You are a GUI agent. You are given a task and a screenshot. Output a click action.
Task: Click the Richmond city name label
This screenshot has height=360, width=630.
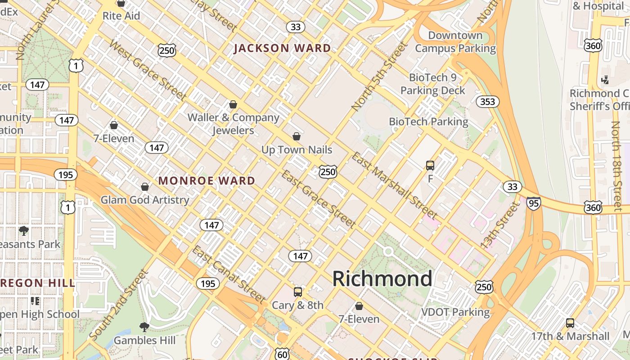tap(382, 279)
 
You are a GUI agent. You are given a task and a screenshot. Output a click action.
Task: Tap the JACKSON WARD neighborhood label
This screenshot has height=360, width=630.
tap(282, 48)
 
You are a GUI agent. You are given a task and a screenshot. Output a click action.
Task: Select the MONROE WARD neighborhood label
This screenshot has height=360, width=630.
tap(207, 181)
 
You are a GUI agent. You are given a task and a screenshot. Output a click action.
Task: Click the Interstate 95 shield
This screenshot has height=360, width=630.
tap(533, 203)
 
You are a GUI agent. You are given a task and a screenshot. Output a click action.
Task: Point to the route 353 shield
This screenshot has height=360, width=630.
tap(487, 102)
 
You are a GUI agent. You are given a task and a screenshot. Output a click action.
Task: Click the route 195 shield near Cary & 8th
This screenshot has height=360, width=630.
tap(207, 283)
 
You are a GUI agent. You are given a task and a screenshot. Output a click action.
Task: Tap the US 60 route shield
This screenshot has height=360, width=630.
tap(282, 354)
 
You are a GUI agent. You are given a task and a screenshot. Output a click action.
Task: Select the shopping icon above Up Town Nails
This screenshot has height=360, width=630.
tap(297, 136)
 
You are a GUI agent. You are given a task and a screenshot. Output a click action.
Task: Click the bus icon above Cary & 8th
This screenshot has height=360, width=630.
tap(297, 292)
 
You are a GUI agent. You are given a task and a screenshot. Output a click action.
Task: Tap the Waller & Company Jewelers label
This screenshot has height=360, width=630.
tap(233, 124)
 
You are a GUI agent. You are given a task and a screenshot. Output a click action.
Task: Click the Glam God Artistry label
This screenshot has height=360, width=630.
tap(144, 200)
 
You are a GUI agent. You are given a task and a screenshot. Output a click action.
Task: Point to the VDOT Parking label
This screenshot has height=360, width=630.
tap(455, 312)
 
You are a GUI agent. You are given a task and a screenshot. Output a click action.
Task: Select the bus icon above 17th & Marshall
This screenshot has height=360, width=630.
tap(570, 323)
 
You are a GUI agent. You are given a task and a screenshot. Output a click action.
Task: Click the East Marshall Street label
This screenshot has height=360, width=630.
tap(394, 185)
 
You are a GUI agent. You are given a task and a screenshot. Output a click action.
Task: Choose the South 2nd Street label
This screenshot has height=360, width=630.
tap(118, 305)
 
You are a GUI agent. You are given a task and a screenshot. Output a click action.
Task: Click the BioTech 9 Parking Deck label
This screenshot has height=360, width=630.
tap(433, 84)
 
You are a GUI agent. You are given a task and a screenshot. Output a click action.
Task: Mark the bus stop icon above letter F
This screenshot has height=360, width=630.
tap(430, 166)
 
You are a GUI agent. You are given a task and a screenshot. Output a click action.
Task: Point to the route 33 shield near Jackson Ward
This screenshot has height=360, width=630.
tap(295, 27)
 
